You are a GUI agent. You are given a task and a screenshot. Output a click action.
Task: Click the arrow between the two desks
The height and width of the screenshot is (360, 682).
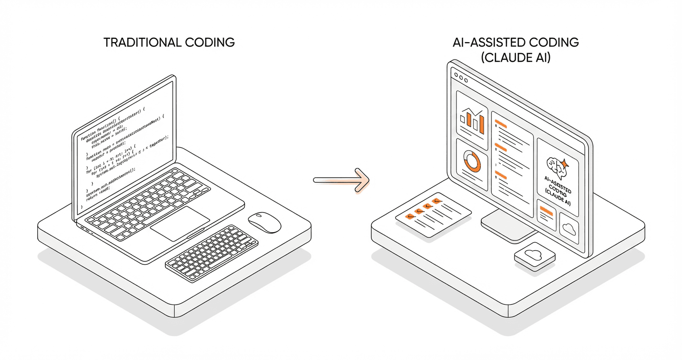(341, 180)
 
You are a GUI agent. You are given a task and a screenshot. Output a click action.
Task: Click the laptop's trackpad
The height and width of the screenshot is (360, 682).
(180, 224)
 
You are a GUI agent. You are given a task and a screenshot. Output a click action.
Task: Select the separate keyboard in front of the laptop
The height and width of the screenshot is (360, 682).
(212, 253)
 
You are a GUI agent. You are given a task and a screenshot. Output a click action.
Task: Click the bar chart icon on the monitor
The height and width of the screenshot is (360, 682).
(472, 121)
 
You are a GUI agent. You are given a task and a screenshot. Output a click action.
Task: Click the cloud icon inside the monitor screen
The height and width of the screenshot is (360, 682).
(569, 228)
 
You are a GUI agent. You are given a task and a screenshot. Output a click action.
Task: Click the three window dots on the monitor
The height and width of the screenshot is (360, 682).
(460, 77)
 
